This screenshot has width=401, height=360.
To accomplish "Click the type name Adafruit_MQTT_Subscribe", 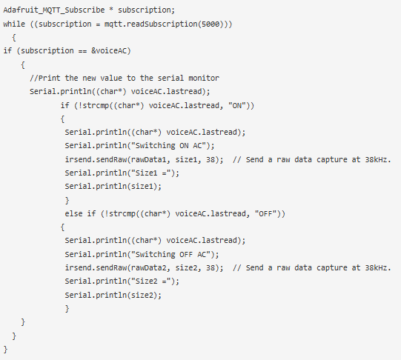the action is pyautogui.click(x=54, y=10).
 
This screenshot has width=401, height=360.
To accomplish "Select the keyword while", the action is pyautogui.click(x=14, y=24).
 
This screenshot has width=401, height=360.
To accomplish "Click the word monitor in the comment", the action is pyautogui.click(x=204, y=78).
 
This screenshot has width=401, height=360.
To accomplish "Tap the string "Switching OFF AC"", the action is pyautogui.click(x=170, y=254).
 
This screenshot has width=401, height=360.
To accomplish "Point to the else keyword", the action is pyautogui.click(x=73, y=213).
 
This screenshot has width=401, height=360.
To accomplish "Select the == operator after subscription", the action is pyautogui.click(x=82, y=51).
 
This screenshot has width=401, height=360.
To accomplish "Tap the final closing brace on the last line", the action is pyautogui.click(x=6, y=350).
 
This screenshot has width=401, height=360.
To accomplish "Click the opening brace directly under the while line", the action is pyautogui.click(x=14, y=38).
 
